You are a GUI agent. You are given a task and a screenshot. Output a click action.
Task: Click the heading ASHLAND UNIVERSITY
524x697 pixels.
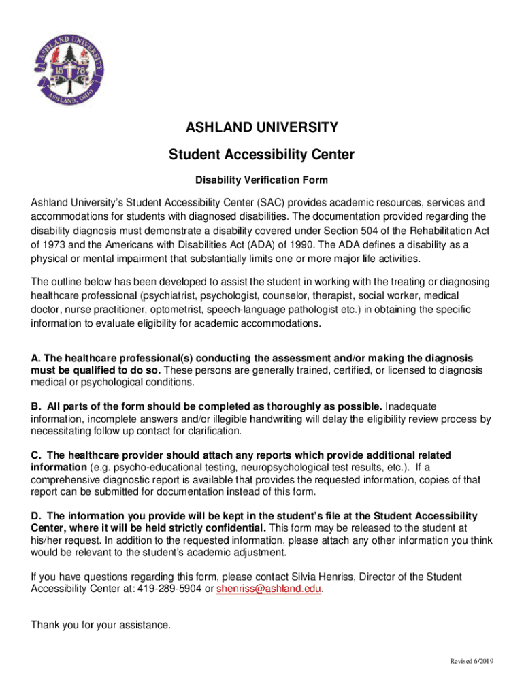click(262, 127)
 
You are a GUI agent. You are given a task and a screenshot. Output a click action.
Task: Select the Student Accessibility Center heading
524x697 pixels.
click(262, 155)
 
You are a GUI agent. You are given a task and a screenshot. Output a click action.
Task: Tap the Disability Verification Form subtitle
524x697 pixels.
click(262, 180)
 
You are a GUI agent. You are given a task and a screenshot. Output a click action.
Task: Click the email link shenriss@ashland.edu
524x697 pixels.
click(269, 589)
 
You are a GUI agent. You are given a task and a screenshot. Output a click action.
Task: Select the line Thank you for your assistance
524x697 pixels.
click(101, 625)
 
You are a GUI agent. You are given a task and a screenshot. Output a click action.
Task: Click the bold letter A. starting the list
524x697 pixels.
click(35, 358)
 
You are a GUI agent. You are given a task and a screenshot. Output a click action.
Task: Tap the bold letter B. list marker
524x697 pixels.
click(35, 406)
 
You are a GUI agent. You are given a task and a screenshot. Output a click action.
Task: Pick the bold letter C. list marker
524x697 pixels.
click(35, 455)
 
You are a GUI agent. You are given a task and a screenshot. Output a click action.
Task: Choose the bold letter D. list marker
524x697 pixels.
click(35, 516)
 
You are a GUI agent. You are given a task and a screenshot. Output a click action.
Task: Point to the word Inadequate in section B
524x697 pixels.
click(411, 406)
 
